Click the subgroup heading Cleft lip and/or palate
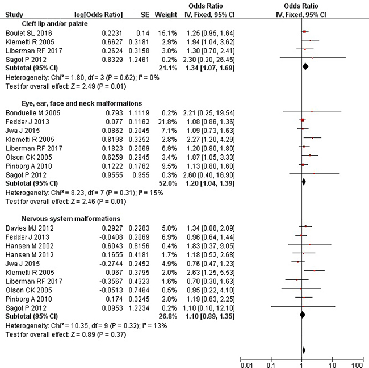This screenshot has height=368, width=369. coord(54,24)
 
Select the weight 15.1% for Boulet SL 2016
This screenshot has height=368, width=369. coord(167,33)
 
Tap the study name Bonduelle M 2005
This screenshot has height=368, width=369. coord(33,113)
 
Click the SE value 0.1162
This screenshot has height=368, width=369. coord(139,122)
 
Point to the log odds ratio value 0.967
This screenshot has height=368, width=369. coord(114,273)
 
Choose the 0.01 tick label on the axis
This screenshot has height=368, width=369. coord(247,365)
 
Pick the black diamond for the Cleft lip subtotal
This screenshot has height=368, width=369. coord(305,66)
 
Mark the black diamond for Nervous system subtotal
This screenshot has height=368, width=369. coord(303,315)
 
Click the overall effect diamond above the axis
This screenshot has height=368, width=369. coord(304,350)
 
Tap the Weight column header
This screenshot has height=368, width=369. coord(166,15)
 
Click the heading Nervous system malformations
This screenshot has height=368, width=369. coord(71,219)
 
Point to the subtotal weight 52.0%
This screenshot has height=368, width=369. coord(167,183)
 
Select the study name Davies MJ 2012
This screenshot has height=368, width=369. coord(30,228)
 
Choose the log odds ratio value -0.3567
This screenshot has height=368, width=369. coord(111,281)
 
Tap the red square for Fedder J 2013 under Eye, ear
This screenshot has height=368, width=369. coord(303,120)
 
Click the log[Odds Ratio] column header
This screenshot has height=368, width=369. coord(99,15)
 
